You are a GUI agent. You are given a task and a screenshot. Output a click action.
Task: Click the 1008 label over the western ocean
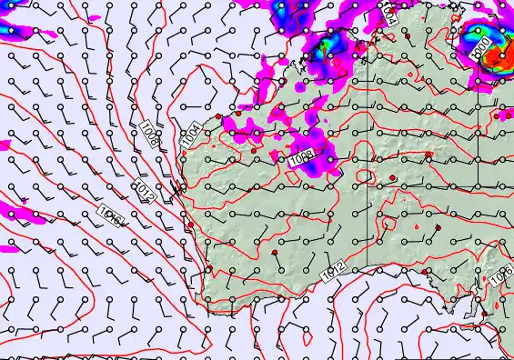[150, 135]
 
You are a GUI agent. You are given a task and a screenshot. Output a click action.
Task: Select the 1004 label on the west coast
[190, 135]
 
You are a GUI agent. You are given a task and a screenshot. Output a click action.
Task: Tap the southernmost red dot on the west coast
[190, 225]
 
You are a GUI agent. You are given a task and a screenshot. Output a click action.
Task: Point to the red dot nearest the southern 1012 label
[274, 252]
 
